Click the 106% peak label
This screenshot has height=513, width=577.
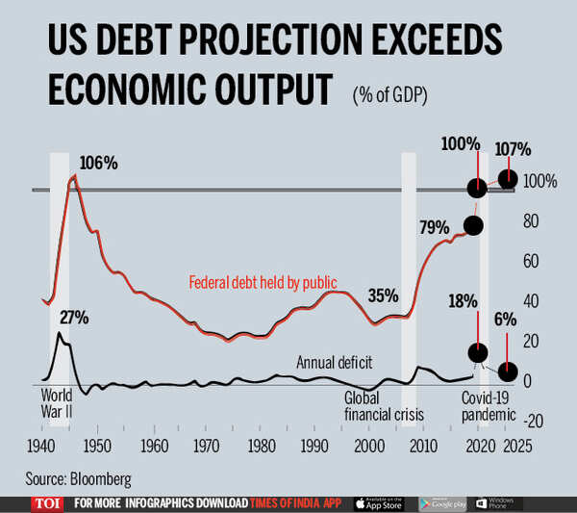tap(98, 164)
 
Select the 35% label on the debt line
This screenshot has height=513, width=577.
tap(383, 295)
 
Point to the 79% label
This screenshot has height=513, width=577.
tap(434, 228)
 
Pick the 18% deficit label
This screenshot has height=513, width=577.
tap(462, 300)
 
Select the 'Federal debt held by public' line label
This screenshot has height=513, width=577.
tap(261, 283)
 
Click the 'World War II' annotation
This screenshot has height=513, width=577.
tap(58, 404)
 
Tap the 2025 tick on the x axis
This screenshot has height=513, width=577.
tap(517, 447)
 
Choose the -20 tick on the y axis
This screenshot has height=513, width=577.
tap(534, 421)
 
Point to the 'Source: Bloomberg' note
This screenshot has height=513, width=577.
tap(79, 476)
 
